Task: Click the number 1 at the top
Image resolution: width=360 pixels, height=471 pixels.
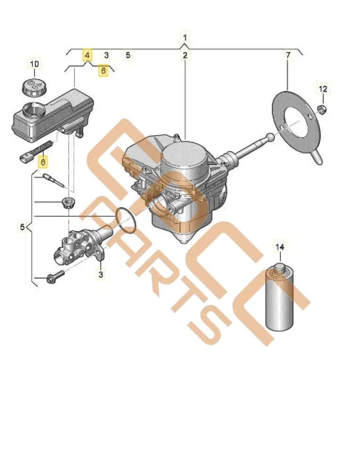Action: [x=185, y=37]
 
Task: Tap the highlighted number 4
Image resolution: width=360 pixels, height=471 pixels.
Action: [x=87, y=55]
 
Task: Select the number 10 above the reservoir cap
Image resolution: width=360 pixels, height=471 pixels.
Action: [x=35, y=64]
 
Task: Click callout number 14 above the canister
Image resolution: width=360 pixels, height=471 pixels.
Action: [x=280, y=246]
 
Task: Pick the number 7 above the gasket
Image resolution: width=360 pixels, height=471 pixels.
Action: [x=287, y=56]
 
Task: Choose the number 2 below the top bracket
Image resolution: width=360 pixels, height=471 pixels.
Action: [x=185, y=56]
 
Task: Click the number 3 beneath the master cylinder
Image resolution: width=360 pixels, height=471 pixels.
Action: [x=100, y=273]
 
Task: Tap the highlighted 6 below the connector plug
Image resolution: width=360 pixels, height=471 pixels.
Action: [x=43, y=162]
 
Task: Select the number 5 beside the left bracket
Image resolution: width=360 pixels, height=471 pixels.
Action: [x=23, y=227]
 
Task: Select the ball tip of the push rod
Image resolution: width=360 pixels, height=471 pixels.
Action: [x=270, y=137]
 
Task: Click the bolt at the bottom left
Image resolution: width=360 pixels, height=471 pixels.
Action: [x=54, y=278]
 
